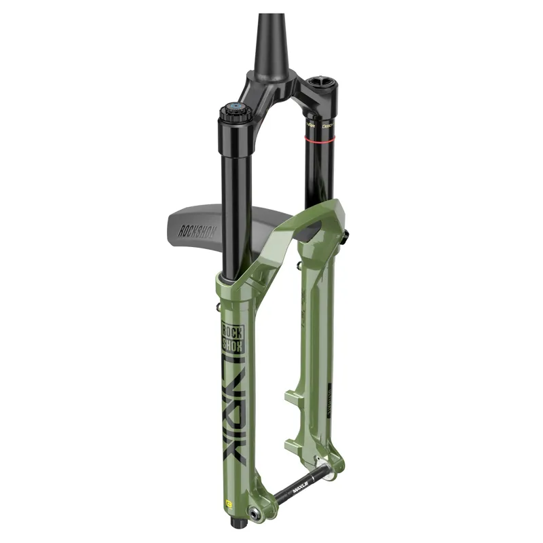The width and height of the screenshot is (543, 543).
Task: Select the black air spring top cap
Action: click(321, 84)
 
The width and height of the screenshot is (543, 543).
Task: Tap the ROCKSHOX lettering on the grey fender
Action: click(197, 229)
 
